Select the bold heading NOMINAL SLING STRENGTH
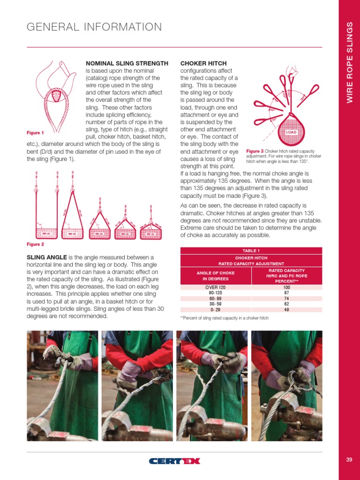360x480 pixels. [127, 63]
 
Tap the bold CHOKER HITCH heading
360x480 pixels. [203, 63]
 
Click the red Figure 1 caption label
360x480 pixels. [35, 133]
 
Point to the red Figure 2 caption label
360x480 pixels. [35, 244]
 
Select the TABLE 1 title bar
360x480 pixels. [251, 250]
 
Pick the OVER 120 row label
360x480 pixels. [216, 287]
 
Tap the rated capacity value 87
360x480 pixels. [286, 292]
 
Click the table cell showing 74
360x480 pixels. [286, 298]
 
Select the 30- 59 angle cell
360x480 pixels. [216, 304]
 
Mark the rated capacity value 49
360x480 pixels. [286, 309]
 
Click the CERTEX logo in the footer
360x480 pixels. [174, 461]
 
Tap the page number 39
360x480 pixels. [349, 459]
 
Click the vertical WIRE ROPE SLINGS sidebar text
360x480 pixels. [349, 64]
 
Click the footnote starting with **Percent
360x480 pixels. [224, 318]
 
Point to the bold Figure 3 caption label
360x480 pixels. [255, 151]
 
